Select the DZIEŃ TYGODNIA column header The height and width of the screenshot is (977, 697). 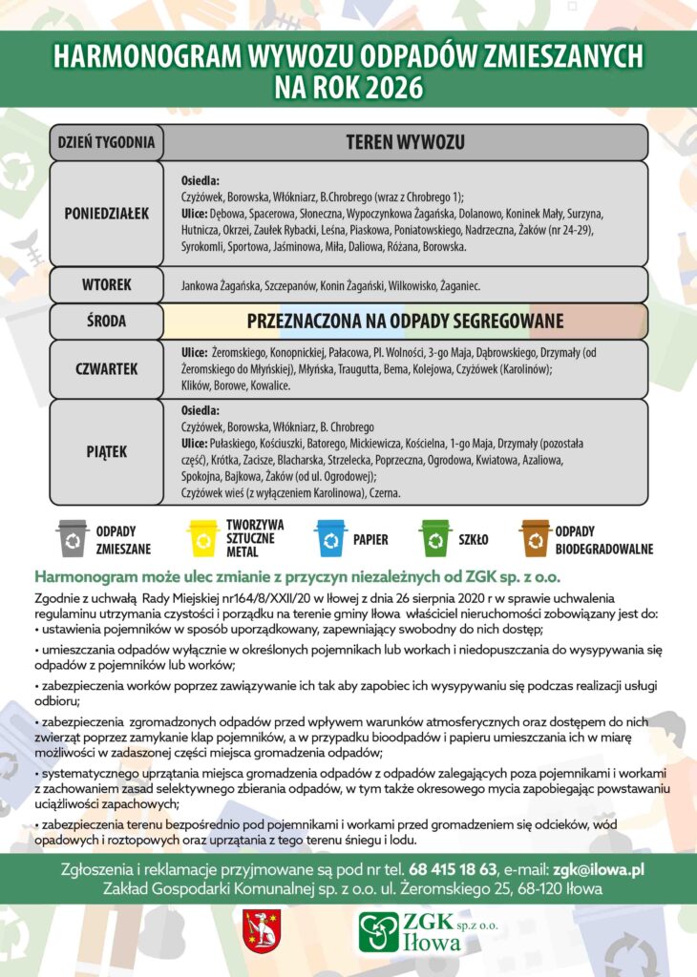105,143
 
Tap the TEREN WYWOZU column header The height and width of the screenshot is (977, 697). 405,143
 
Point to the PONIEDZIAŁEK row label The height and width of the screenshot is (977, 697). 106,213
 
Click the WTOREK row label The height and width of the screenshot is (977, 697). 106,284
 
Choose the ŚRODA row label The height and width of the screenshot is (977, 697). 106,322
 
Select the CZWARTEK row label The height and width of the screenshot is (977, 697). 106,368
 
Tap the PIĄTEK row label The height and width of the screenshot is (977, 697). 106,450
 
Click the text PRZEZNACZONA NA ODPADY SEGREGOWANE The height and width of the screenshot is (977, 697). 405,322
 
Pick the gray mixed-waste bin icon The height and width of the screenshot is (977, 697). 73,538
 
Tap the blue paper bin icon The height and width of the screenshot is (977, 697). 330,538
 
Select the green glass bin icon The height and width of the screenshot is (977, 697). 435,538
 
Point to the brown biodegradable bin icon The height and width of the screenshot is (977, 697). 535,538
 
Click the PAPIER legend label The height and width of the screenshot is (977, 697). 370,539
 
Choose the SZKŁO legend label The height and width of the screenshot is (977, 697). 474,539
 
